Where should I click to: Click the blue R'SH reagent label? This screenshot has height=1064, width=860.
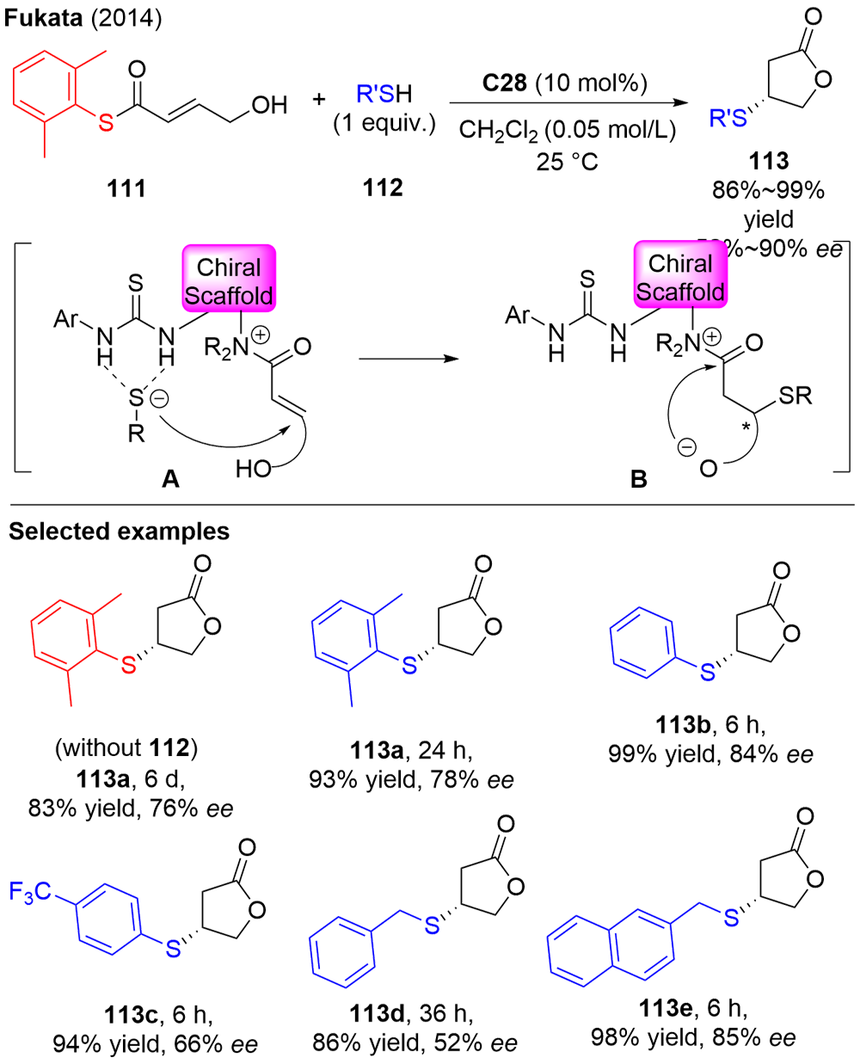384,94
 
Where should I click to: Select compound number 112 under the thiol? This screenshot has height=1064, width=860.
383,188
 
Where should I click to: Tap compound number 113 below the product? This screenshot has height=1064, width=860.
769,161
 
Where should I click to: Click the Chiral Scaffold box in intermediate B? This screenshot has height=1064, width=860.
679,277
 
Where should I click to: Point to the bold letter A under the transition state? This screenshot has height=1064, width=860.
170,478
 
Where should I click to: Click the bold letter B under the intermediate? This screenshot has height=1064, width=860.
638,479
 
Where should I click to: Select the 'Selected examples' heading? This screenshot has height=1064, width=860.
119,532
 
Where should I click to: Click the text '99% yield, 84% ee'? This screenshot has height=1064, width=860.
710,754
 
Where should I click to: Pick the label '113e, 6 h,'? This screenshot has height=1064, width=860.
693,1008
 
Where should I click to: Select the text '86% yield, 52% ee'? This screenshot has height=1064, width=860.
415,1043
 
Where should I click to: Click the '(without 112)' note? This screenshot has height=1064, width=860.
126,748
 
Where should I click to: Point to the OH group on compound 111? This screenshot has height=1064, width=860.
269,105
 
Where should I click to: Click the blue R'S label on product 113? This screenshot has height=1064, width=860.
727,119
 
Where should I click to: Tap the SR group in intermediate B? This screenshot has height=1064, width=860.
794,396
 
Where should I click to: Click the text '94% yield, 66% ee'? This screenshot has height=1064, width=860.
155,1044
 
